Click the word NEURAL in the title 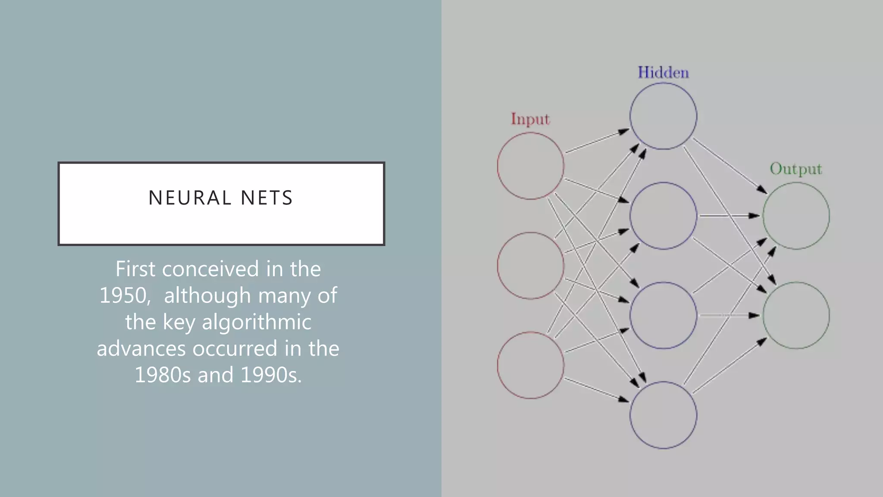(190, 198)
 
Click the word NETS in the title (267, 198)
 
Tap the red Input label (530, 119)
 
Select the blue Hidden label (663, 72)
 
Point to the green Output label (796, 169)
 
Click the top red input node (530, 166)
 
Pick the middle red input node (530, 265)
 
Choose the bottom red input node (530, 365)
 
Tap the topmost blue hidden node (663, 116)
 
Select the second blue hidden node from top (663, 216)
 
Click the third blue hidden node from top (663, 315)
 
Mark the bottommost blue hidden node (663, 415)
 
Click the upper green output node (796, 216)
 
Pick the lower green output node (796, 315)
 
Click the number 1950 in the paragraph (125, 296)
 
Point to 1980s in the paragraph (163, 375)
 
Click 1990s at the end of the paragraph (271, 375)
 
